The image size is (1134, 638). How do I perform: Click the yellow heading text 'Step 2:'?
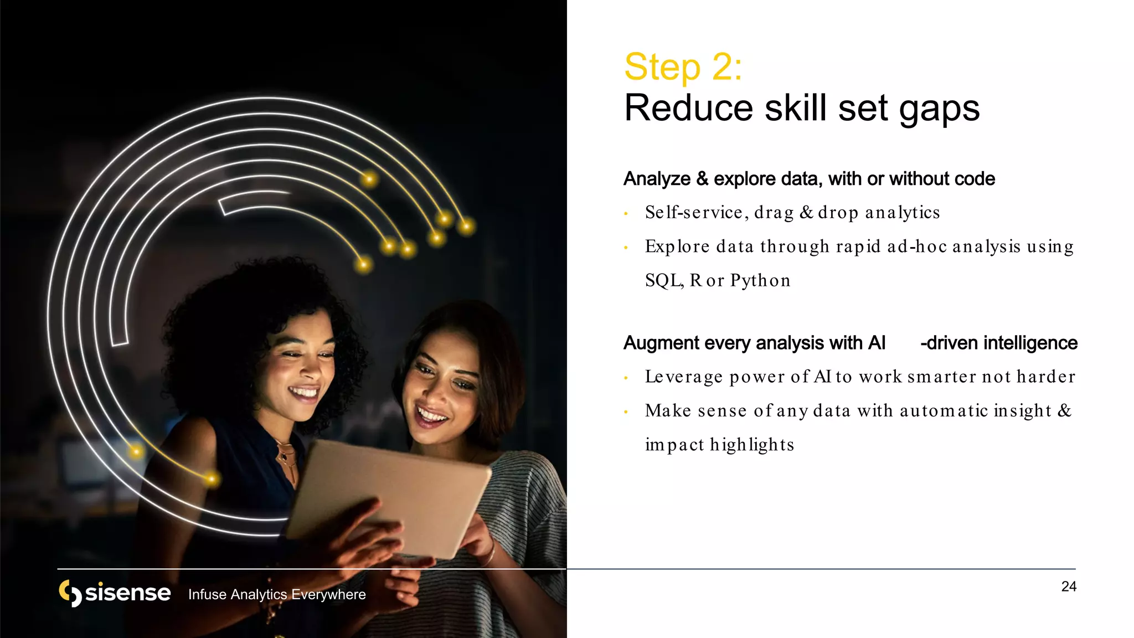click(x=683, y=67)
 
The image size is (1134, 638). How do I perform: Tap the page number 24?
click(x=1069, y=586)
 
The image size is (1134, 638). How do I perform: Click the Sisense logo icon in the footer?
click(x=70, y=593)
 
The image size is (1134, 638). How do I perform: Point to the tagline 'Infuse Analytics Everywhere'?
click(x=277, y=594)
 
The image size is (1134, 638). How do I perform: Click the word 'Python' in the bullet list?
click(x=760, y=281)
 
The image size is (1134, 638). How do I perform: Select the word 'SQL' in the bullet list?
click(x=663, y=281)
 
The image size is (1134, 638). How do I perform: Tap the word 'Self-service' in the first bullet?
click(x=694, y=213)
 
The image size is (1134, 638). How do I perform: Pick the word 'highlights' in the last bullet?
click(x=752, y=445)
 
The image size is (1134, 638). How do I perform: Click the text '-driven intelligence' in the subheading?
click(x=998, y=343)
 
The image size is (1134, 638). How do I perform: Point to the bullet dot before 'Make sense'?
click(x=626, y=412)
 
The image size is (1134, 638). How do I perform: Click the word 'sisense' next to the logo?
click(x=127, y=593)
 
